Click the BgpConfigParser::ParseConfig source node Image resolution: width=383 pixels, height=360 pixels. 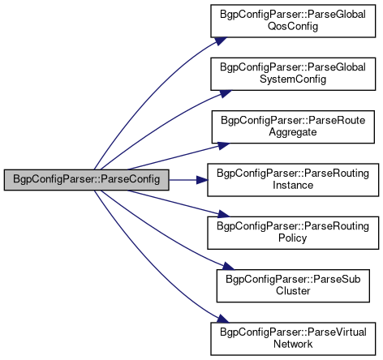coord(87,180)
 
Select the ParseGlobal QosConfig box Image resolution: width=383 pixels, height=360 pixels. coord(293,21)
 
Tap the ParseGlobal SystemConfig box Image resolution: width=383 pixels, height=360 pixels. coord(293,74)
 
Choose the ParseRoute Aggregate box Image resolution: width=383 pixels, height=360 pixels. coord(293,126)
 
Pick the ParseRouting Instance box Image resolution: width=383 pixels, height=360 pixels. coord(293,180)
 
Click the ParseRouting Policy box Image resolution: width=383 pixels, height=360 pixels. coord(293,233)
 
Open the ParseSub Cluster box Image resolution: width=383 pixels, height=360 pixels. coord(293,285)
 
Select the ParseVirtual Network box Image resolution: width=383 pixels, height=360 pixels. coord(293,339)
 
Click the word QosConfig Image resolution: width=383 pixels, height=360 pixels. coord(293,27)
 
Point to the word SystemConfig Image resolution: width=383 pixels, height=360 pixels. coord(293,79)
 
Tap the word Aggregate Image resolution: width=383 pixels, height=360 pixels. coord(293,132)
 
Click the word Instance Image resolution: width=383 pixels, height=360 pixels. coord(293,185)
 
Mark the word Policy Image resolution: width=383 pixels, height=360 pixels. coord(293,238)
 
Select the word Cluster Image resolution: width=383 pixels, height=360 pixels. coord(293,291)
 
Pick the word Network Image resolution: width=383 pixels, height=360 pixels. coord(293,344)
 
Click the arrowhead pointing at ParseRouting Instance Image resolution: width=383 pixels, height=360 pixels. coord(202,180)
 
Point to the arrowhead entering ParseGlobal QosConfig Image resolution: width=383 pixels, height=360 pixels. coord(221,41)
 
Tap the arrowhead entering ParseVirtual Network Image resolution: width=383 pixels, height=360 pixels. coord(223,319)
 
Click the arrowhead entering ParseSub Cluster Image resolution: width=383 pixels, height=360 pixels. coord(228,266)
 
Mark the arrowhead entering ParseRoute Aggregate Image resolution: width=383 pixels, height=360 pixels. coord(224,146)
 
